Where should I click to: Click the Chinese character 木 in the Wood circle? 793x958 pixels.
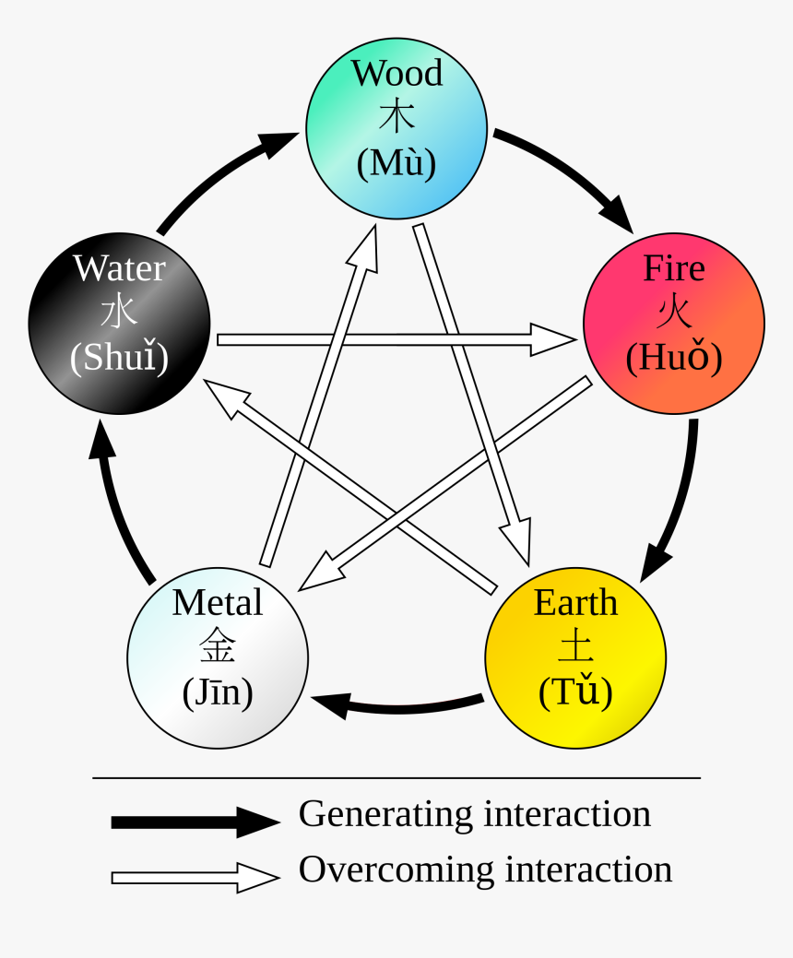pyautogui.click(x=396, y=117)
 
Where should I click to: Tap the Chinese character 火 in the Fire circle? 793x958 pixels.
pyautogui.click(x=673, y=313)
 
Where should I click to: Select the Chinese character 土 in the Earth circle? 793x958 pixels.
pyautogui.click(x=575, y=647)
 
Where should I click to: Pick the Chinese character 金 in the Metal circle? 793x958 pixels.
pyautogui.click(x=218, y=647)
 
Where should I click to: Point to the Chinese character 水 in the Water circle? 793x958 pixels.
pyautogui.click(x=119, y=313)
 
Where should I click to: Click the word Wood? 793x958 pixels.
pyautogui.click(x=396, y=73)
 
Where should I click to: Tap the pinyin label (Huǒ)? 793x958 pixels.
pyautogui.click(x=673, y=358)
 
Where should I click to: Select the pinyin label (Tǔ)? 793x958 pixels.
pyautogui.click(x=575, y=692)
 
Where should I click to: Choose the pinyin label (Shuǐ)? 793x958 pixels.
pyautogui.click(x=119, y=358)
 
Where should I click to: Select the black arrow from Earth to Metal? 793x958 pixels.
pyautogui.click(x=396, y=706)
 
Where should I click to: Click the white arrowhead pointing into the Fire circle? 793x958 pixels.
pyautogui.click(x=553, y=339)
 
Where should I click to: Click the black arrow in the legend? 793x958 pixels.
pyautogui.click(x=195, y=821)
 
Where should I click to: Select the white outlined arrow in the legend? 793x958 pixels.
pyautogui.click(x=195, y=877)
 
